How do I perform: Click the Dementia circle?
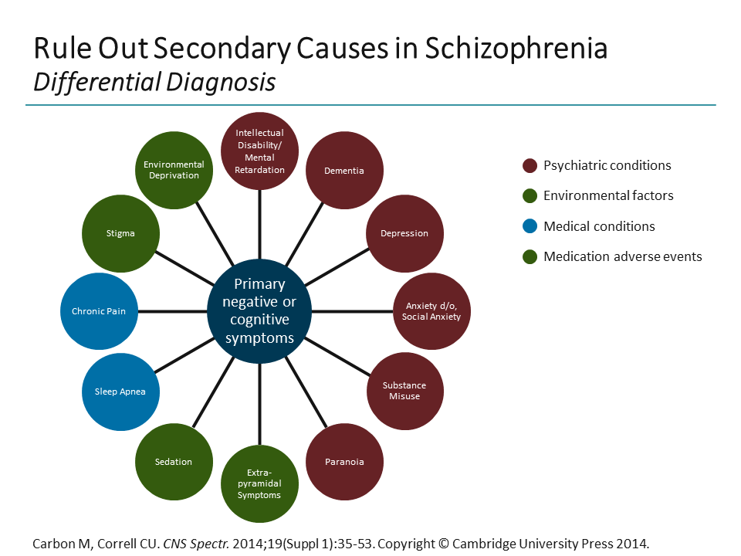344,171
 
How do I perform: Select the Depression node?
404,233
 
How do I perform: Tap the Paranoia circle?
344,462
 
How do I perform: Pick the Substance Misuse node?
404,391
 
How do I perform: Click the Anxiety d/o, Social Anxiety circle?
431,311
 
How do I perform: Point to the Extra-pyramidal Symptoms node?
259,484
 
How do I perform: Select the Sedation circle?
173,462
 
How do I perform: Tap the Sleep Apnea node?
120,392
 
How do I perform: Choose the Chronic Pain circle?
99,311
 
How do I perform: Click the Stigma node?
120,233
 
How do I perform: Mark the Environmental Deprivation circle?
174,170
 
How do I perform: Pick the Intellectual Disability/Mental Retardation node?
259,151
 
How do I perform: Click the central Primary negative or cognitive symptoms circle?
259,311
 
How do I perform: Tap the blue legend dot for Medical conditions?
530,226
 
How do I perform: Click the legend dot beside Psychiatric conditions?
530,165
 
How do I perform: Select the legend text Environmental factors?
608,196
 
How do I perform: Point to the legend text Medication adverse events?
622,256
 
